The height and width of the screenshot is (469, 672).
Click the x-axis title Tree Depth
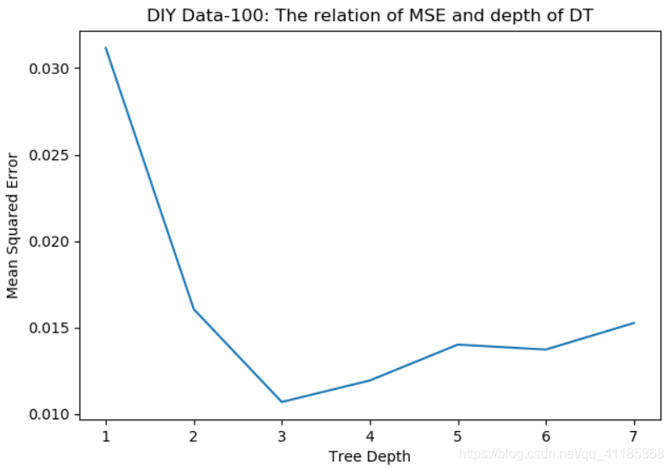(x=369, y=456)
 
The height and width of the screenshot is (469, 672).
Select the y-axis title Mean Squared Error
(x=13, y=225)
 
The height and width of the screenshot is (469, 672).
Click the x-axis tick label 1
(x=105, y=436)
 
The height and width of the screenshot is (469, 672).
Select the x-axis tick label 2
(x=194, y=436)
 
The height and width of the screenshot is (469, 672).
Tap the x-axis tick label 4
(x=370, y=436)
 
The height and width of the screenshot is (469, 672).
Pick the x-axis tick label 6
(x=546, y=436)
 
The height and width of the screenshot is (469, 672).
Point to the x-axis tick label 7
(x=634, y=436)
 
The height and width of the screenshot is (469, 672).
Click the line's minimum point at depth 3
(x=281, y=402)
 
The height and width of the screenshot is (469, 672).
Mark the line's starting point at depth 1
(x=105, y=48)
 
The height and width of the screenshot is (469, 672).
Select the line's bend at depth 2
(x=194, y=309)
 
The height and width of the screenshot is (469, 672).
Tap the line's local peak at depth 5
(x=457, y=344)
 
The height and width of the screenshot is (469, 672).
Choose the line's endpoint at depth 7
(x=634, y=322)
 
